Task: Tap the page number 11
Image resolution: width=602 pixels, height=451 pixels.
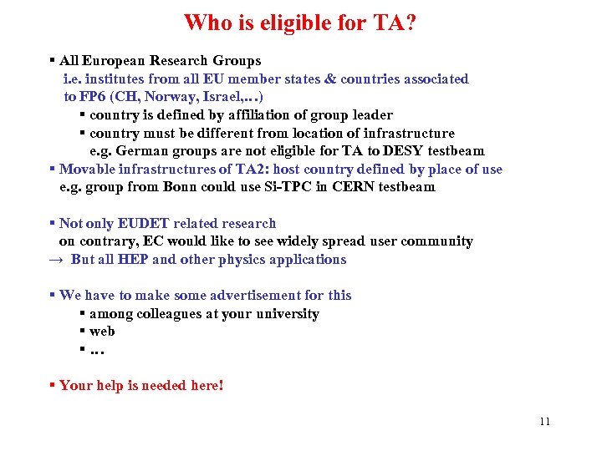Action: tap(544, 421)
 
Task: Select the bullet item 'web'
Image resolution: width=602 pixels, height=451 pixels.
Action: tap(102, 332)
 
